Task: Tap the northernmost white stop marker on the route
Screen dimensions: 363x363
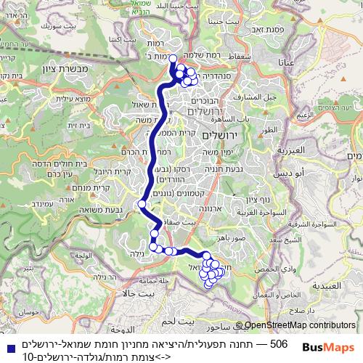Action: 173,59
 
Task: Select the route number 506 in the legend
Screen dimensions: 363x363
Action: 279,342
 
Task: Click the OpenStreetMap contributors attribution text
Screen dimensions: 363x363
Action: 300,327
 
